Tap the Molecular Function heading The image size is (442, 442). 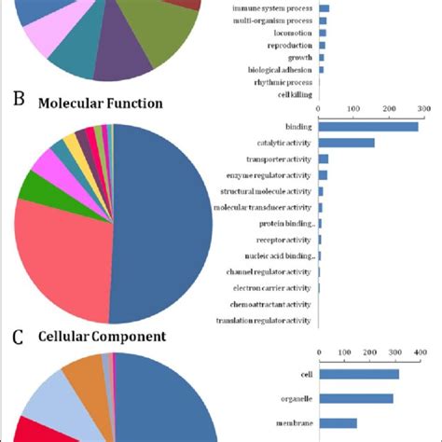click(100, 104)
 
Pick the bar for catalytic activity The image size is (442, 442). click(347, 143)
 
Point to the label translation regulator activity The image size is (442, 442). click(264, 320)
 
